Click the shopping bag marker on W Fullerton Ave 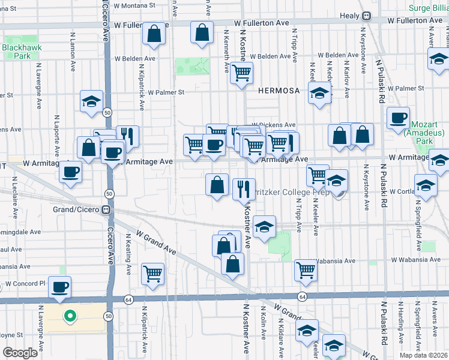pyautogui.click(x=202, y=32)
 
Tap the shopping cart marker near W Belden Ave pyautogui.click(x=241, y=73)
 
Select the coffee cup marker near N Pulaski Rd pyautogui.click(x=398, y=118)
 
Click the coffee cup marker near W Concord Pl pyautogui.click(x=59, y=287)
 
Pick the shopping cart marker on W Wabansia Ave pyautogui.click(x=306, y=270)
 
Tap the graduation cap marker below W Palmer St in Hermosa pyautogui.click(x=320, y=94)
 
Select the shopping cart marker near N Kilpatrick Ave pyautogui.click(x=153, y=274)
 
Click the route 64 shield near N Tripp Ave pyautogui.click(x=302, y=297)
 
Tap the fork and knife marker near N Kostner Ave pyautogui.click(x=243, y=189)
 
